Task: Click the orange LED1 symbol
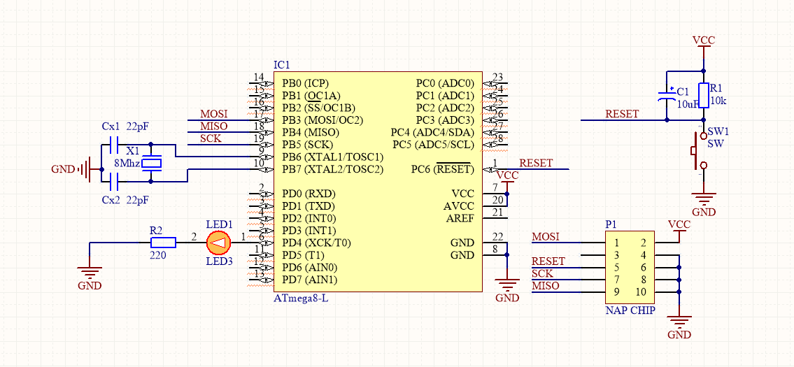pyautogui.click(x=219, y=243)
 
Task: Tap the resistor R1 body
pyautogui.click(x=703, y=95)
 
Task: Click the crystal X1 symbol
pyautogui.click(x=150, y=164)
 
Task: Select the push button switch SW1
pyautogui.click(x=698, y=150)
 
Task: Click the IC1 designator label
pyautogui.click(x=281, y=64)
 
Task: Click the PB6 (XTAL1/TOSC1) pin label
pyautogui.click(x=332, y=157)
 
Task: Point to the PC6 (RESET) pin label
pyautogui.click(x=441, y=169)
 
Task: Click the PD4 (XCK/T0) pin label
pyautogui.click(x=316, y=243)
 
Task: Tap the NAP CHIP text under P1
pyautogui.click(x=630, y=310)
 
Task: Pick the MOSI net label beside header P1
pyautogui.click(x=545, y=237)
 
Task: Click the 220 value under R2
pyautogui.click(x=158, y=255)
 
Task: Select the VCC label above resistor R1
pyautogui.click(x=703, y=40)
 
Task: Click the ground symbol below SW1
pyautogui.click(x=703, y=199)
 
